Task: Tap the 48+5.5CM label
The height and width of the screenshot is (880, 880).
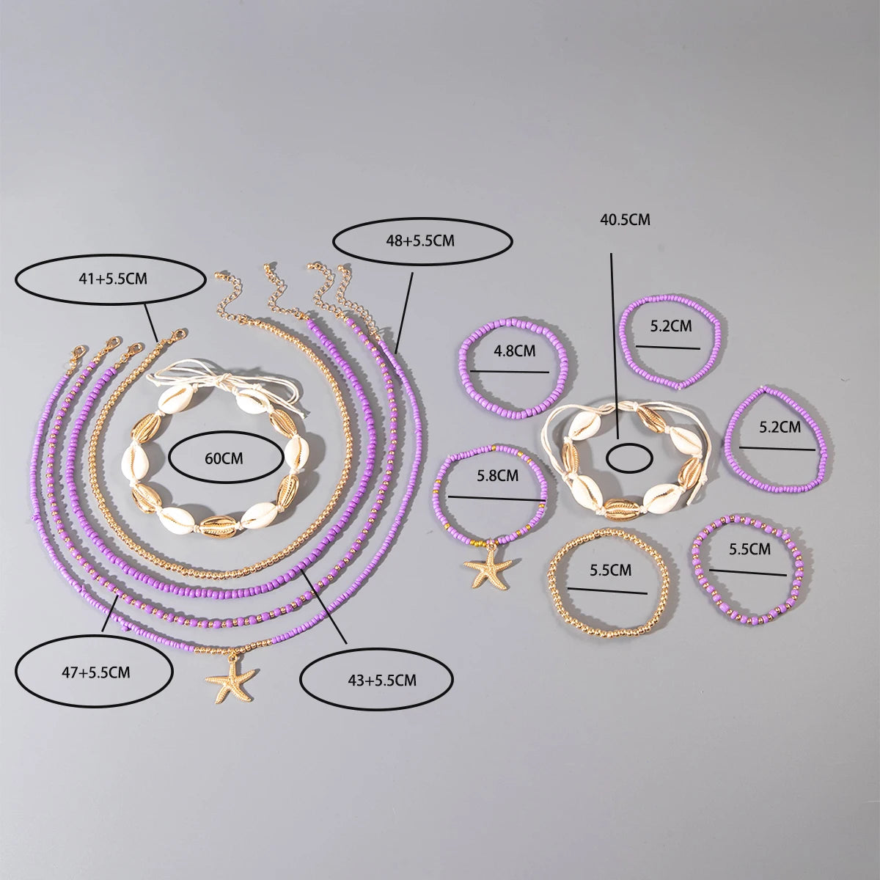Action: pos(422,240)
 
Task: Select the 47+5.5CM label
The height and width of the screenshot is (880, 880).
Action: pos(94,672)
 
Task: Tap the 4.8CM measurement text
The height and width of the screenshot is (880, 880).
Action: pos(515,351)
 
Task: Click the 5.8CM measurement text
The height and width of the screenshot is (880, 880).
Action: pos(497,475)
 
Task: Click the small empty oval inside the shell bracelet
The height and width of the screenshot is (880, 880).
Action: pos(631,457)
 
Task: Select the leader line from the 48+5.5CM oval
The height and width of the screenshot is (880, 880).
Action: pos(405,312)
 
